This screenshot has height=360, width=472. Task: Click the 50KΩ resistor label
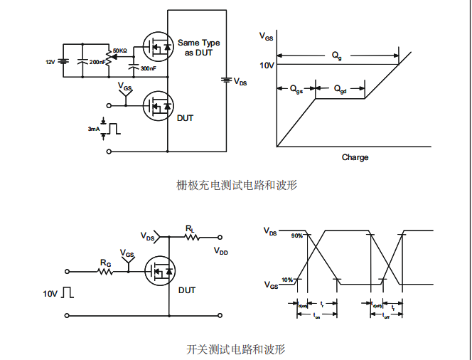point(119,51)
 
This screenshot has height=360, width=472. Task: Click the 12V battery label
point(50,63)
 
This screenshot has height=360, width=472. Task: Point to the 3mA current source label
point(93,129)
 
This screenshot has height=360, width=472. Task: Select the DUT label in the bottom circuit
point(187,290)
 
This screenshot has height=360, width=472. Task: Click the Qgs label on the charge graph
point(296,89)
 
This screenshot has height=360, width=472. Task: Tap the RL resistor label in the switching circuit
point(190,228)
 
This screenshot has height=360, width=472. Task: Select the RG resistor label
point(105,263)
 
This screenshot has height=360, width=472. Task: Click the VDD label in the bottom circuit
point(221,251)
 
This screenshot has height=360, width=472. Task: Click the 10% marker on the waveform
point(287,280)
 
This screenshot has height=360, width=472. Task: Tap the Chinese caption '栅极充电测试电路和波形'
point(237,185)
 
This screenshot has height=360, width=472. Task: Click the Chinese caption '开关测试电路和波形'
point(236,349)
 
